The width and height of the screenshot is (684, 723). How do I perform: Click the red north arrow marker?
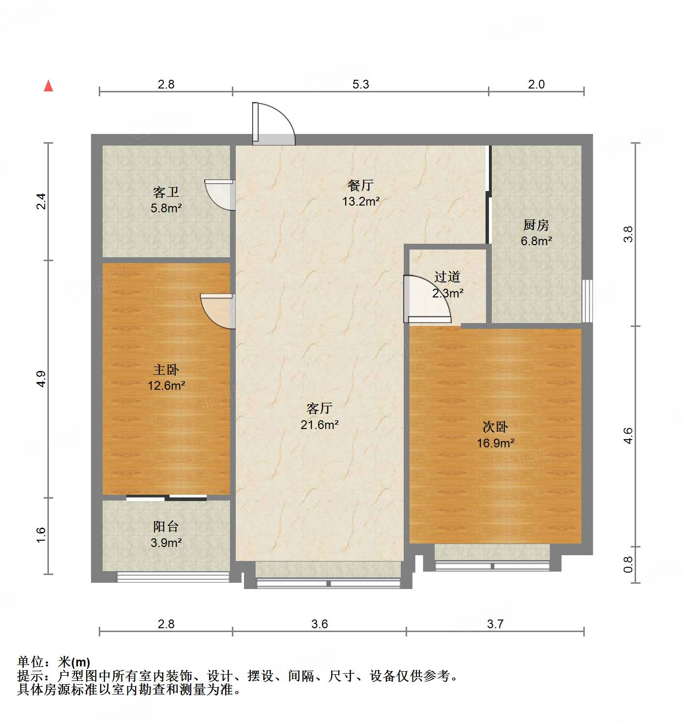click(x=48, y=86)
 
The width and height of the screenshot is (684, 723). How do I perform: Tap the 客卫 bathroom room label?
click(x=166, y=192)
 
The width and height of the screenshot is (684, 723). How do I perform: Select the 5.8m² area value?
click(x=166, y=208)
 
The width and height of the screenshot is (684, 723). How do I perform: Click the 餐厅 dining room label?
click(x=361, y=185)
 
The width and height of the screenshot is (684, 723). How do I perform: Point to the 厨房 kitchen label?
click(x=536, y=225)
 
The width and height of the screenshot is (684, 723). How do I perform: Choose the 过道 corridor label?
click(x=447, y=277)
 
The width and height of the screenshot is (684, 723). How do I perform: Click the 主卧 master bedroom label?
click(x=166, y=370)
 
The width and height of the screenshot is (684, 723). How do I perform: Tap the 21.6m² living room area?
click(x=319, y=425)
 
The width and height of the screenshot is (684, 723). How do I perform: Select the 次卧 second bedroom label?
click(x=495, y=427)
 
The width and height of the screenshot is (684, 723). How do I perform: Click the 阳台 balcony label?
click(x=166, y=527)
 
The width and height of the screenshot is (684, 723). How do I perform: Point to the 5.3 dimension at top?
click(x=361, y=84)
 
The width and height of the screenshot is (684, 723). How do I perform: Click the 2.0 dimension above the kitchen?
click(x=536, y=84)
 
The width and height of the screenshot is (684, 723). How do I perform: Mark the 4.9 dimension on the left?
click(x=42, y=379)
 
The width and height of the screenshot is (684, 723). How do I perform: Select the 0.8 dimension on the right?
click(x=628, y=564)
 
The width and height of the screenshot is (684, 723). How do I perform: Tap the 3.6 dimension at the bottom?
click(x=319, y=624)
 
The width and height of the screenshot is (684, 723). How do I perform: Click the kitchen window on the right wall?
click(x=587, y=300)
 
